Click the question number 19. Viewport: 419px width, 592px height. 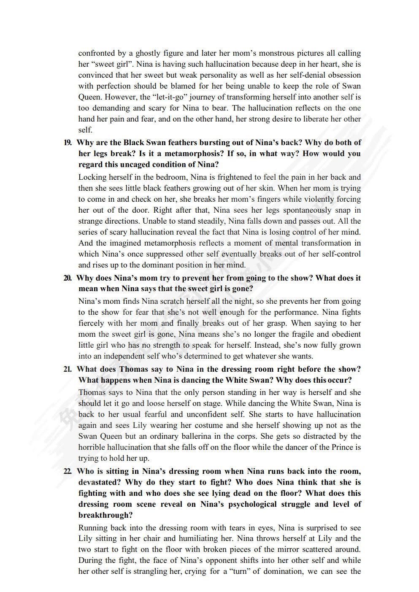click(68, 143)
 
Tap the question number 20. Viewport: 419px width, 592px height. click(68, 278)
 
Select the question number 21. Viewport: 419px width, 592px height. click(68, 369)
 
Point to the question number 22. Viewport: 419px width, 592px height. click(68, 471)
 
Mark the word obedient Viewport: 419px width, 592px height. click(344, 334)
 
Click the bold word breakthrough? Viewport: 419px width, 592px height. click(105, 515)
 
